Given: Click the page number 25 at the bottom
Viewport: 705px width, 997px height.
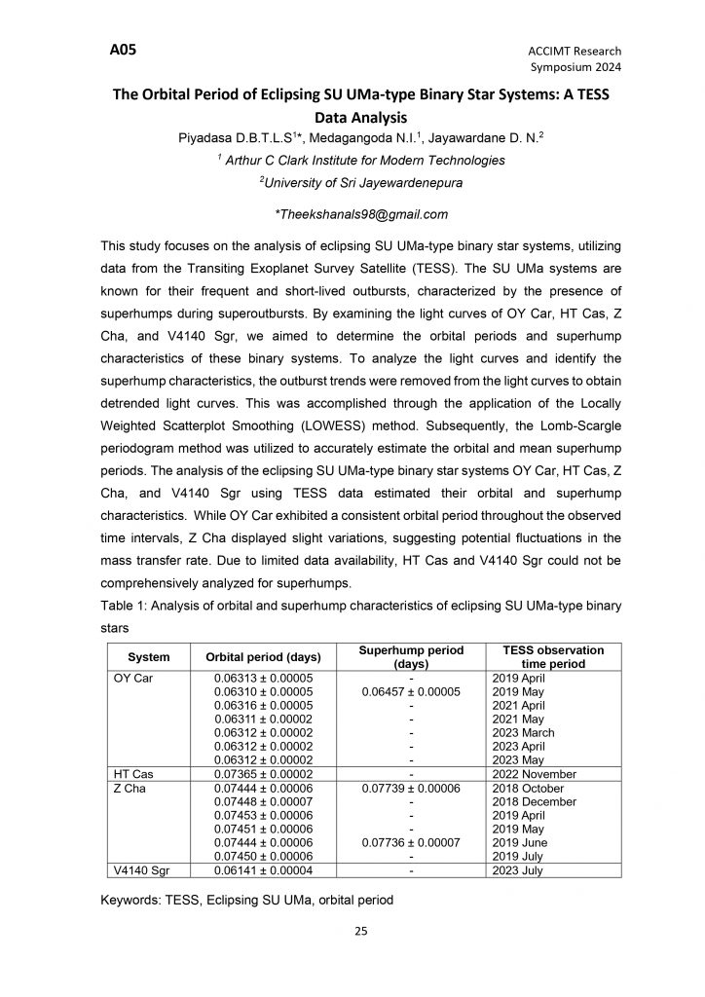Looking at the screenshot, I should (360, 932).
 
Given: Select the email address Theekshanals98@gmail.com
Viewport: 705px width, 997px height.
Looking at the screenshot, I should (362, 214).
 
